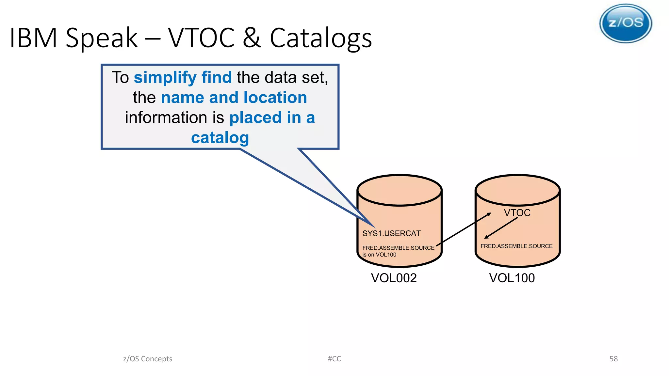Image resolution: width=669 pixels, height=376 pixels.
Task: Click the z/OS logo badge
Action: pos(626,23)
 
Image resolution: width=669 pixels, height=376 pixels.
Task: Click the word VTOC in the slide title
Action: pos(201,38)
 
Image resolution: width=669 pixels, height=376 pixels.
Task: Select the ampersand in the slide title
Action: pos(252,38)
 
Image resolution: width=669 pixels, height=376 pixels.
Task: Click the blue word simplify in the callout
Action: pos(165,78)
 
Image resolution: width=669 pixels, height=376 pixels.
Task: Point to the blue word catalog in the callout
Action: pos(220,138)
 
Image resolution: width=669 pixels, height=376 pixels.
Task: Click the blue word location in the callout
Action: pos(275,98)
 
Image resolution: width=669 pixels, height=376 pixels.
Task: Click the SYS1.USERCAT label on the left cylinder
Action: pos(391,233)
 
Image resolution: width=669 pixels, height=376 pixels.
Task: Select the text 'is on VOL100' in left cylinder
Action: pos(379,255)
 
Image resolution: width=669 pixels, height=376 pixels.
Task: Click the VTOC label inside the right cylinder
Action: pos(517,213)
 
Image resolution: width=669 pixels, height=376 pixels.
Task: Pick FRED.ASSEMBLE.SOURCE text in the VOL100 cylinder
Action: pos(516,246)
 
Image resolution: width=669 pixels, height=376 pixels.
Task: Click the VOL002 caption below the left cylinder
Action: pos(394,278)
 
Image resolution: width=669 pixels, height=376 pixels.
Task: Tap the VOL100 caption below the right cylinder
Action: pos(512,278)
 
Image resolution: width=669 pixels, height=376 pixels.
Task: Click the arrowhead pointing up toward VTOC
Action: pos(489,214)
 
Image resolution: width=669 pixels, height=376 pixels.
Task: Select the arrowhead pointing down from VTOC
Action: pos(486,237)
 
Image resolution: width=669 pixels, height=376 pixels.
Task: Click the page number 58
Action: pos(613,359)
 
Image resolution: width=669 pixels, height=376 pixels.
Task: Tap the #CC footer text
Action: pos(334,359)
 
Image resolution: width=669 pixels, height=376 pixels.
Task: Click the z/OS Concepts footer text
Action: pos(148,359)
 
